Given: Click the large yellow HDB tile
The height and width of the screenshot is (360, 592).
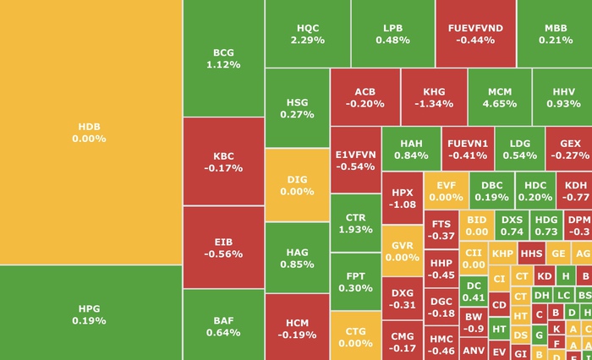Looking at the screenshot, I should (x=90, y=132).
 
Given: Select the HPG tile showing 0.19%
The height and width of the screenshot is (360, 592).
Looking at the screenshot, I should (x=90, y=313).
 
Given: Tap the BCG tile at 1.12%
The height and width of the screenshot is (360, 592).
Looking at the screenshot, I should (x=223, y=58).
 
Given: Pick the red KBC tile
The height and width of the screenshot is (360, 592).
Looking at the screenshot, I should (x=223, y=161).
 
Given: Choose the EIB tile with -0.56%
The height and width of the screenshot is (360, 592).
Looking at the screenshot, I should (x=223, y=247).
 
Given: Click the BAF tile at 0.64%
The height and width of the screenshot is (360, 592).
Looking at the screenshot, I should (x=223, y=325).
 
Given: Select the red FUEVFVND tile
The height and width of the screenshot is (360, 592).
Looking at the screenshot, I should (x=474, y=34).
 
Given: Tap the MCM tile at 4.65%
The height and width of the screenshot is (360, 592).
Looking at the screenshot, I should (x=499, y=97).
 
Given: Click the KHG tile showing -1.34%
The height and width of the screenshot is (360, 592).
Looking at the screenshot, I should (x=433, y=97).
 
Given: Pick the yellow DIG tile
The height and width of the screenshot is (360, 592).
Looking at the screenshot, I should (x=297, y=185).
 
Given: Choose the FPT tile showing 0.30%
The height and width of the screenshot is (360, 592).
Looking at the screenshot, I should (x=355, y=281).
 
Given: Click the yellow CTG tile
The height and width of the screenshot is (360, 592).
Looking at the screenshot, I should (x=355, y=336).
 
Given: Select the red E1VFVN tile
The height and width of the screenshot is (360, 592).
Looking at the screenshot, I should (x=355, y=161).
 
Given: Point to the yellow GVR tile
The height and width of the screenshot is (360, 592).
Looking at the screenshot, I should (x=402, y=251).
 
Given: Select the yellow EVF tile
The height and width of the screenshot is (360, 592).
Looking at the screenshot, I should (x=445, y=190).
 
